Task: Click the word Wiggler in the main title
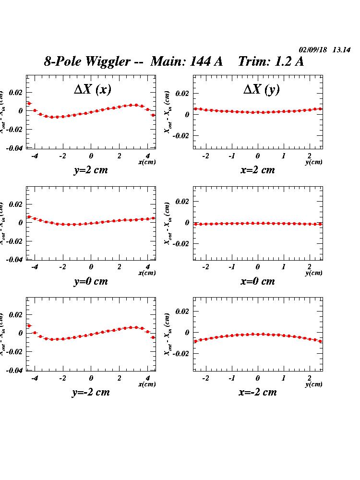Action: pos(108,62)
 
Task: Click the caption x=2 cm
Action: pos(258,170)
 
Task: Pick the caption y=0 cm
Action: pos(91,281)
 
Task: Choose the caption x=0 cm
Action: pos(258,281)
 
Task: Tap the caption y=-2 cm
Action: pos(91,392)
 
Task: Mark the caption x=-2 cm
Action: pos(258,392)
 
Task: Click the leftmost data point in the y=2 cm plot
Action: pos(29,103)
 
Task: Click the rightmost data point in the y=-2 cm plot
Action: pos(153,337)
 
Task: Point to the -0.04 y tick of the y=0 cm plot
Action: pos(15,259)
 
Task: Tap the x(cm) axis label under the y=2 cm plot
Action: pos(147,162)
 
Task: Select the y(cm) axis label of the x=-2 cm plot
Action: pos(314,384)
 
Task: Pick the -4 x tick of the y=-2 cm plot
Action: pos(35,378)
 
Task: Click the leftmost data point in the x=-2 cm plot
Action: pos(195,341)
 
